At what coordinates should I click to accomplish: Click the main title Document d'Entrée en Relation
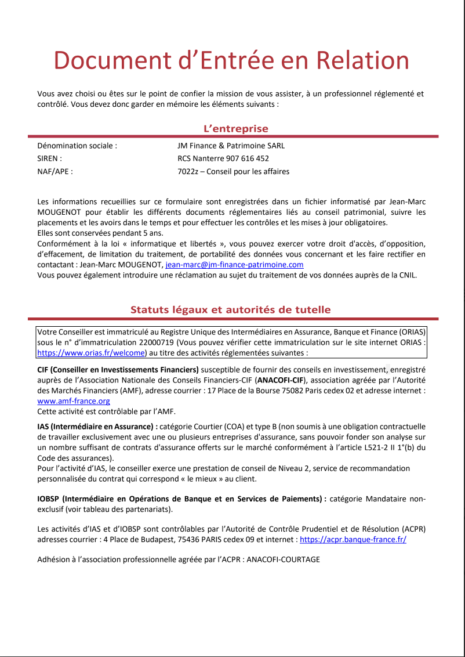click(x=231, y=61)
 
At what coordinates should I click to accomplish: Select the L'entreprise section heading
click(x=235, y=129)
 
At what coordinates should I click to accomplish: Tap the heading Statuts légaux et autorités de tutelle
click(x=230, y=310)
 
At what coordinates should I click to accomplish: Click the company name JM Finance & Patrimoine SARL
click(x=231, y=146)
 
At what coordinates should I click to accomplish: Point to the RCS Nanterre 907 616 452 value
click(x=223, y=158)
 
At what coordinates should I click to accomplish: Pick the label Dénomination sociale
click(x=77, y=146)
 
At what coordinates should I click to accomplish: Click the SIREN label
click(x=49, y=158)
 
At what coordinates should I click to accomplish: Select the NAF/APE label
click(x=55, y=171)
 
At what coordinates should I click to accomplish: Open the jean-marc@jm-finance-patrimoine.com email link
click(x=234, y=265)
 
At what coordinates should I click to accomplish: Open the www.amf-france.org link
click(x=74, y=401)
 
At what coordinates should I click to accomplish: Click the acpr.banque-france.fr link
click(x=353, y=539)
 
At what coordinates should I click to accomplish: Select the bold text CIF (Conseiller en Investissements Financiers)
click(x=118, y=370)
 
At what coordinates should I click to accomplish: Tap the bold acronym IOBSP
click(x=48, y=499)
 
